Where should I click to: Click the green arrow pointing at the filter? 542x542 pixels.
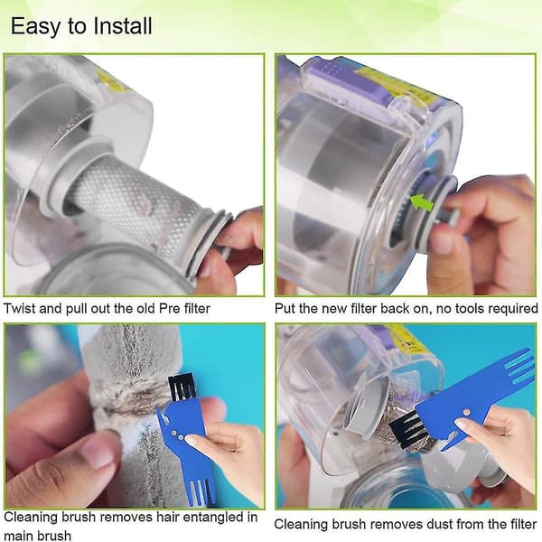click(422, 201)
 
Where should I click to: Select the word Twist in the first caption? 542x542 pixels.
click(20, 308)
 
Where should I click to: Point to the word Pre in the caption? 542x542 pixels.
click(170, 308)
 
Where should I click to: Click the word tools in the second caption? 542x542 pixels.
click(472, 308)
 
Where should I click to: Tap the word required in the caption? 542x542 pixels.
click(516, 309)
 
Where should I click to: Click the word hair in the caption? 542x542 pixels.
click(168, 518)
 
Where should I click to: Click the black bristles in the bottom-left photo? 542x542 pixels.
click(181, 388)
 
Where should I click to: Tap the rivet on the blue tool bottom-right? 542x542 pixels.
click(467, 412)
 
